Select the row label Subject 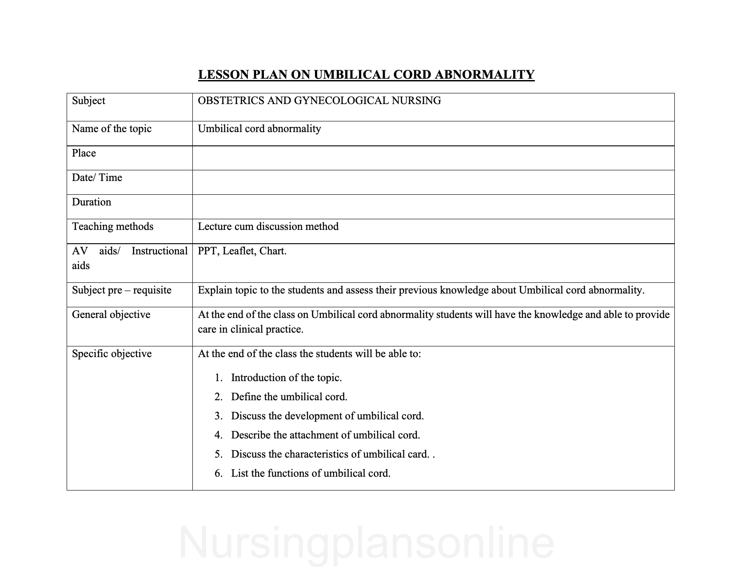tap(88, 101)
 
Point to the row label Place tap(84, 153)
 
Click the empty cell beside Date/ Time tap(433, 182)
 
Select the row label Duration tap(92, 202)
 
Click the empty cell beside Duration tap(433, 207)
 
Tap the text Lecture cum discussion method tap(268, 227)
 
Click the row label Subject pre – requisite tap(122, 290)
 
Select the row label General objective tap(111, 315)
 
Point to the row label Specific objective tap(112, 354)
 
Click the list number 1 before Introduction tap(218, 378)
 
